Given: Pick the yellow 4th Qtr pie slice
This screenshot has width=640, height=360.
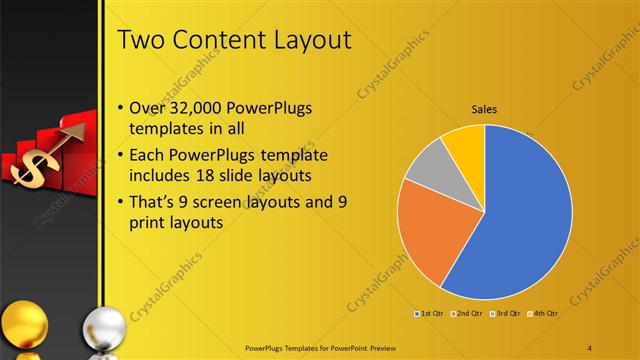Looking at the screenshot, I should (465, 145).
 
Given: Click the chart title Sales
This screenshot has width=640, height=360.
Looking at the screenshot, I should (485, 110).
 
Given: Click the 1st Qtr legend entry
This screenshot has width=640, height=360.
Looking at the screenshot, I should (431, 314).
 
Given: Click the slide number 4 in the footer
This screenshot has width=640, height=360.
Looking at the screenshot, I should (591, 348).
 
